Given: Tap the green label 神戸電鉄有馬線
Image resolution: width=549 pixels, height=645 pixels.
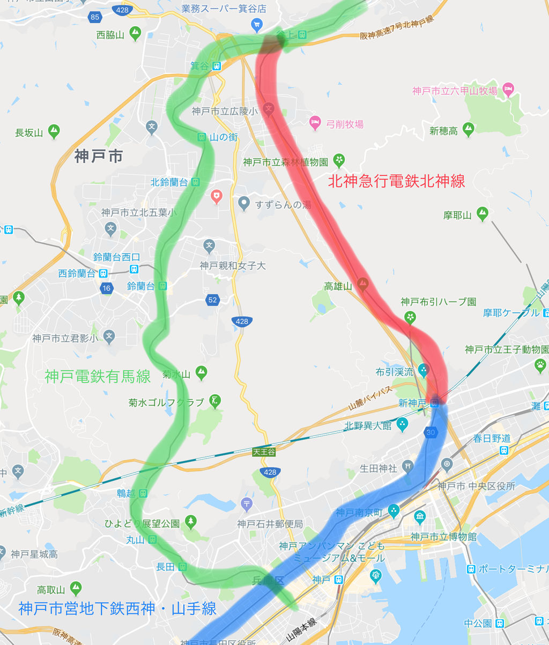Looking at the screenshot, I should (x=98, y=377).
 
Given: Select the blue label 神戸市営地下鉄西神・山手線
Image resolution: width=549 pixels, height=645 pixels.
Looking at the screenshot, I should (x=117, y=609).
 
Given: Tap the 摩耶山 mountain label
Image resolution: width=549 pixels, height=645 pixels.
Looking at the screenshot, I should (x=457, y=215).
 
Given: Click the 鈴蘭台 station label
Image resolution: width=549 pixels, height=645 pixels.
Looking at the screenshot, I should (x=140, y=286).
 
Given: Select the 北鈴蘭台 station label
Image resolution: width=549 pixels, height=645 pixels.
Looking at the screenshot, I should (x=169, y=182).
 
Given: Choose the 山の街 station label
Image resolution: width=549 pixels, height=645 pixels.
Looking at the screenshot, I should (x=224, y=137).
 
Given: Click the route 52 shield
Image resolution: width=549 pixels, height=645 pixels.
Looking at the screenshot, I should (x=213, y=299).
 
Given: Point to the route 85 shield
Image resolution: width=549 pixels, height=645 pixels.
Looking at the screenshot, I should (x=95, y=17).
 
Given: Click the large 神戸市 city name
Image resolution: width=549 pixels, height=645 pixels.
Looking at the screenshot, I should (x=99, y=156).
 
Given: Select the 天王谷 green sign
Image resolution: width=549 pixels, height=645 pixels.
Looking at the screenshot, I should (x=264, y=452).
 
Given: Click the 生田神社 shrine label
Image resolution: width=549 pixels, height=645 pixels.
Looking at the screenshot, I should (x=379, y=468).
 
